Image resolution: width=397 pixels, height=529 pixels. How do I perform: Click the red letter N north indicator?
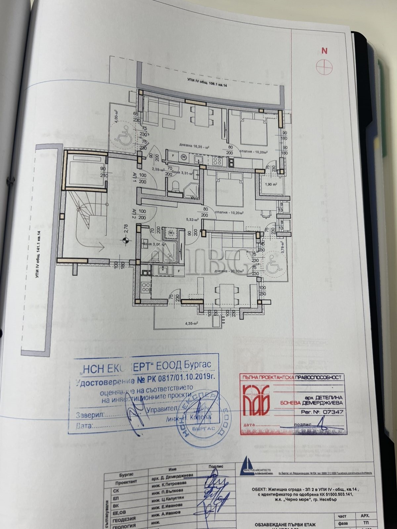click(x=325, y=51)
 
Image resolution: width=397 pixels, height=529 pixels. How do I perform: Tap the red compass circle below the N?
click(x=325, y=66)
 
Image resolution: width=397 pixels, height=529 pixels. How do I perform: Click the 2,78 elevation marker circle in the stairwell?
click(x=125, y=240)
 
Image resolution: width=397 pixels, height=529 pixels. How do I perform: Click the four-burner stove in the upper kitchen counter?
click(x=218, y=161)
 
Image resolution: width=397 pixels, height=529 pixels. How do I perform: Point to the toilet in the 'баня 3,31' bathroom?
click(x=176, y=186)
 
